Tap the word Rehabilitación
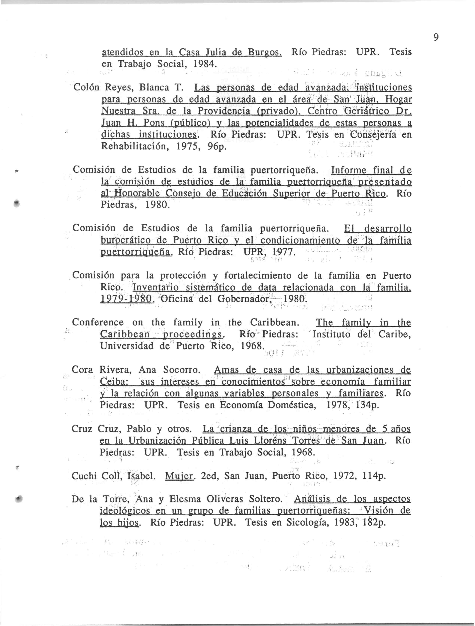pyautogui.click(x=136, y=147)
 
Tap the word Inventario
pyautogui.click(x=156, y=288)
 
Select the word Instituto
pyautogui.click(x=331, y=334)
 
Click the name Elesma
pyautogui.click(x=185, y=499)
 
